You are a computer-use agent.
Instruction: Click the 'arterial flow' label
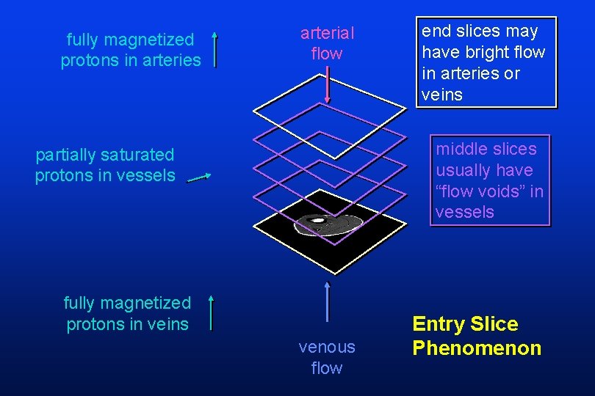[327, 43]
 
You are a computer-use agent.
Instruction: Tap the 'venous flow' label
[327, 357]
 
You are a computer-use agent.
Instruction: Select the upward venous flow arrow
[327, 301]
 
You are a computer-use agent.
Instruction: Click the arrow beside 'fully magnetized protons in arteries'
[214, 49]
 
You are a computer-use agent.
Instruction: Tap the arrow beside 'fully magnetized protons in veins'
[212, 313]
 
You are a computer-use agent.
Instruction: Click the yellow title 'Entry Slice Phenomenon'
[477, 336]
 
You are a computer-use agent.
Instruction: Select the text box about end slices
[484, 63]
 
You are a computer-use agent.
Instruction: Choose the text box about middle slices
[489, 180]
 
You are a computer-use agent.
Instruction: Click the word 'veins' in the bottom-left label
[168, 324]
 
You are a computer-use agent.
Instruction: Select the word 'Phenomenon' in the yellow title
[477, 348]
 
